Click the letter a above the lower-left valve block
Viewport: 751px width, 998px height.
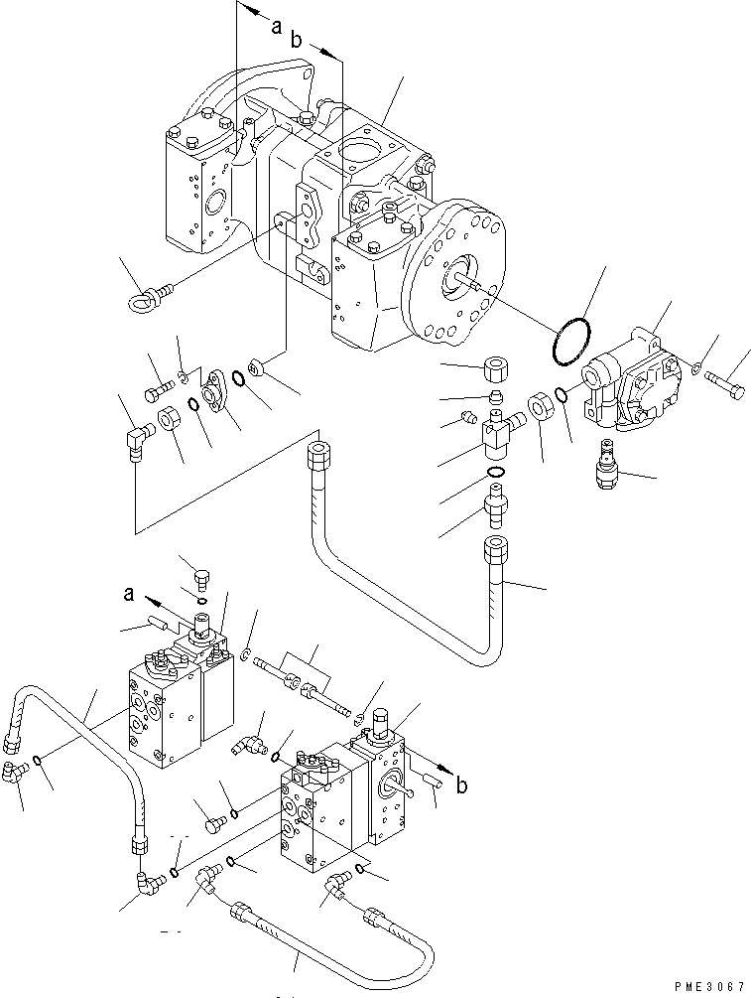click(x=130, y=595)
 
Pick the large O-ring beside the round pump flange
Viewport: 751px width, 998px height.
click(x=569, y=340)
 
